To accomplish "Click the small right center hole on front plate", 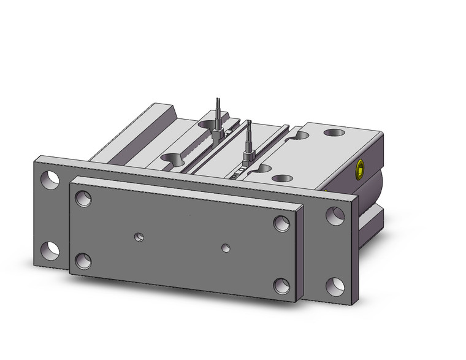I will [226, 248].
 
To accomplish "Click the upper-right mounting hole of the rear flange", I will [335, 215].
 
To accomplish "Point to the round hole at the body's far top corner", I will [335, 131].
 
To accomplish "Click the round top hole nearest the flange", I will [281, 178].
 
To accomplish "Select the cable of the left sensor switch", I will [218, 108].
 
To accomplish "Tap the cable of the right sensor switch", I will [249, 131].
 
